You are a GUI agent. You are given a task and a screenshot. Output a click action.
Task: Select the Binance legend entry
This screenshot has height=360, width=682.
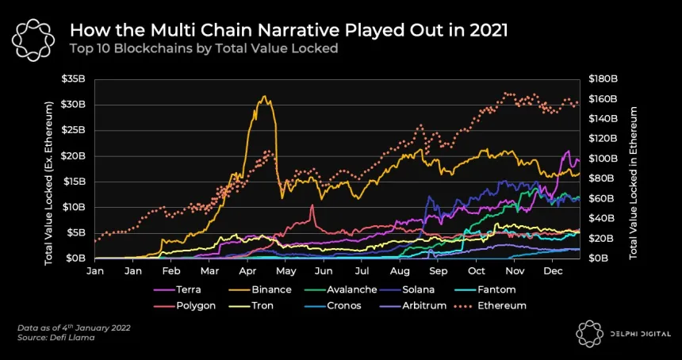271,289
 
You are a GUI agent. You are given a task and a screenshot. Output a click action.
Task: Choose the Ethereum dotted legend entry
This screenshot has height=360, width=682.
501,305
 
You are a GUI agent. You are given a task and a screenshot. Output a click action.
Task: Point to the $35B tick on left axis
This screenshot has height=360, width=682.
75,79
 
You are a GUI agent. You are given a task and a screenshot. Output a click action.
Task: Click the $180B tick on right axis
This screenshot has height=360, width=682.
604,79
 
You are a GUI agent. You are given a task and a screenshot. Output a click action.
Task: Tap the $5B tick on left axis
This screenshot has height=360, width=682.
77,232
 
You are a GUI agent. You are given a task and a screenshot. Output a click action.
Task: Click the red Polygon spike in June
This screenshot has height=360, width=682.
312,205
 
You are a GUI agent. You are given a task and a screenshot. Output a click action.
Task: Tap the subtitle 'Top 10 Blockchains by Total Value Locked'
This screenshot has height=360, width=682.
204,48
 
